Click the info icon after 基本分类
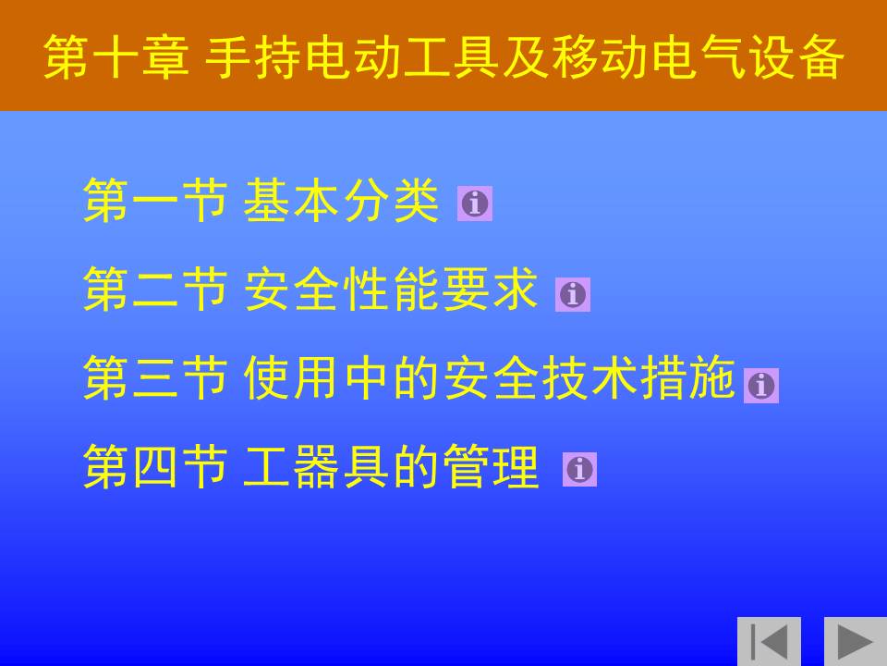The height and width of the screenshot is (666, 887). tap(475, 203)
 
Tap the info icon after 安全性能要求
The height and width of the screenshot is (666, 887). tap(573, 294)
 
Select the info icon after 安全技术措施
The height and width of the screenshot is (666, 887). tap(760, 386)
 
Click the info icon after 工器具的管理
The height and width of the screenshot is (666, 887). tap(579, 470)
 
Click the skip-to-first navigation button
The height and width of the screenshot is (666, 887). tap(769, 641)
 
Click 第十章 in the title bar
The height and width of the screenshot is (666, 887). tap(116, 56)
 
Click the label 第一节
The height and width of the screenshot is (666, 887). tap(155, 200)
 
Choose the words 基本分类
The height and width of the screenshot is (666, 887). tap(341, 200)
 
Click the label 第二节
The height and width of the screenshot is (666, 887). tap(155, 290)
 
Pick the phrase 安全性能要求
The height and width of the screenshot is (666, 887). tap(391, 290)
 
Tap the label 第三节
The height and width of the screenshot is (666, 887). tap(155, 377)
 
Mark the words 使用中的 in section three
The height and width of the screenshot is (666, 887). tap(342, 377)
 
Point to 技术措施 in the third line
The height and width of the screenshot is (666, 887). tap(638, 377)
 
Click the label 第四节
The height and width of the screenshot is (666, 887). tap(155, 466)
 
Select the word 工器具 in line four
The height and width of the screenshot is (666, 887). tap(317, 466)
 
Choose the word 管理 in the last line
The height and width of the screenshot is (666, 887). tap(491, 466)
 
